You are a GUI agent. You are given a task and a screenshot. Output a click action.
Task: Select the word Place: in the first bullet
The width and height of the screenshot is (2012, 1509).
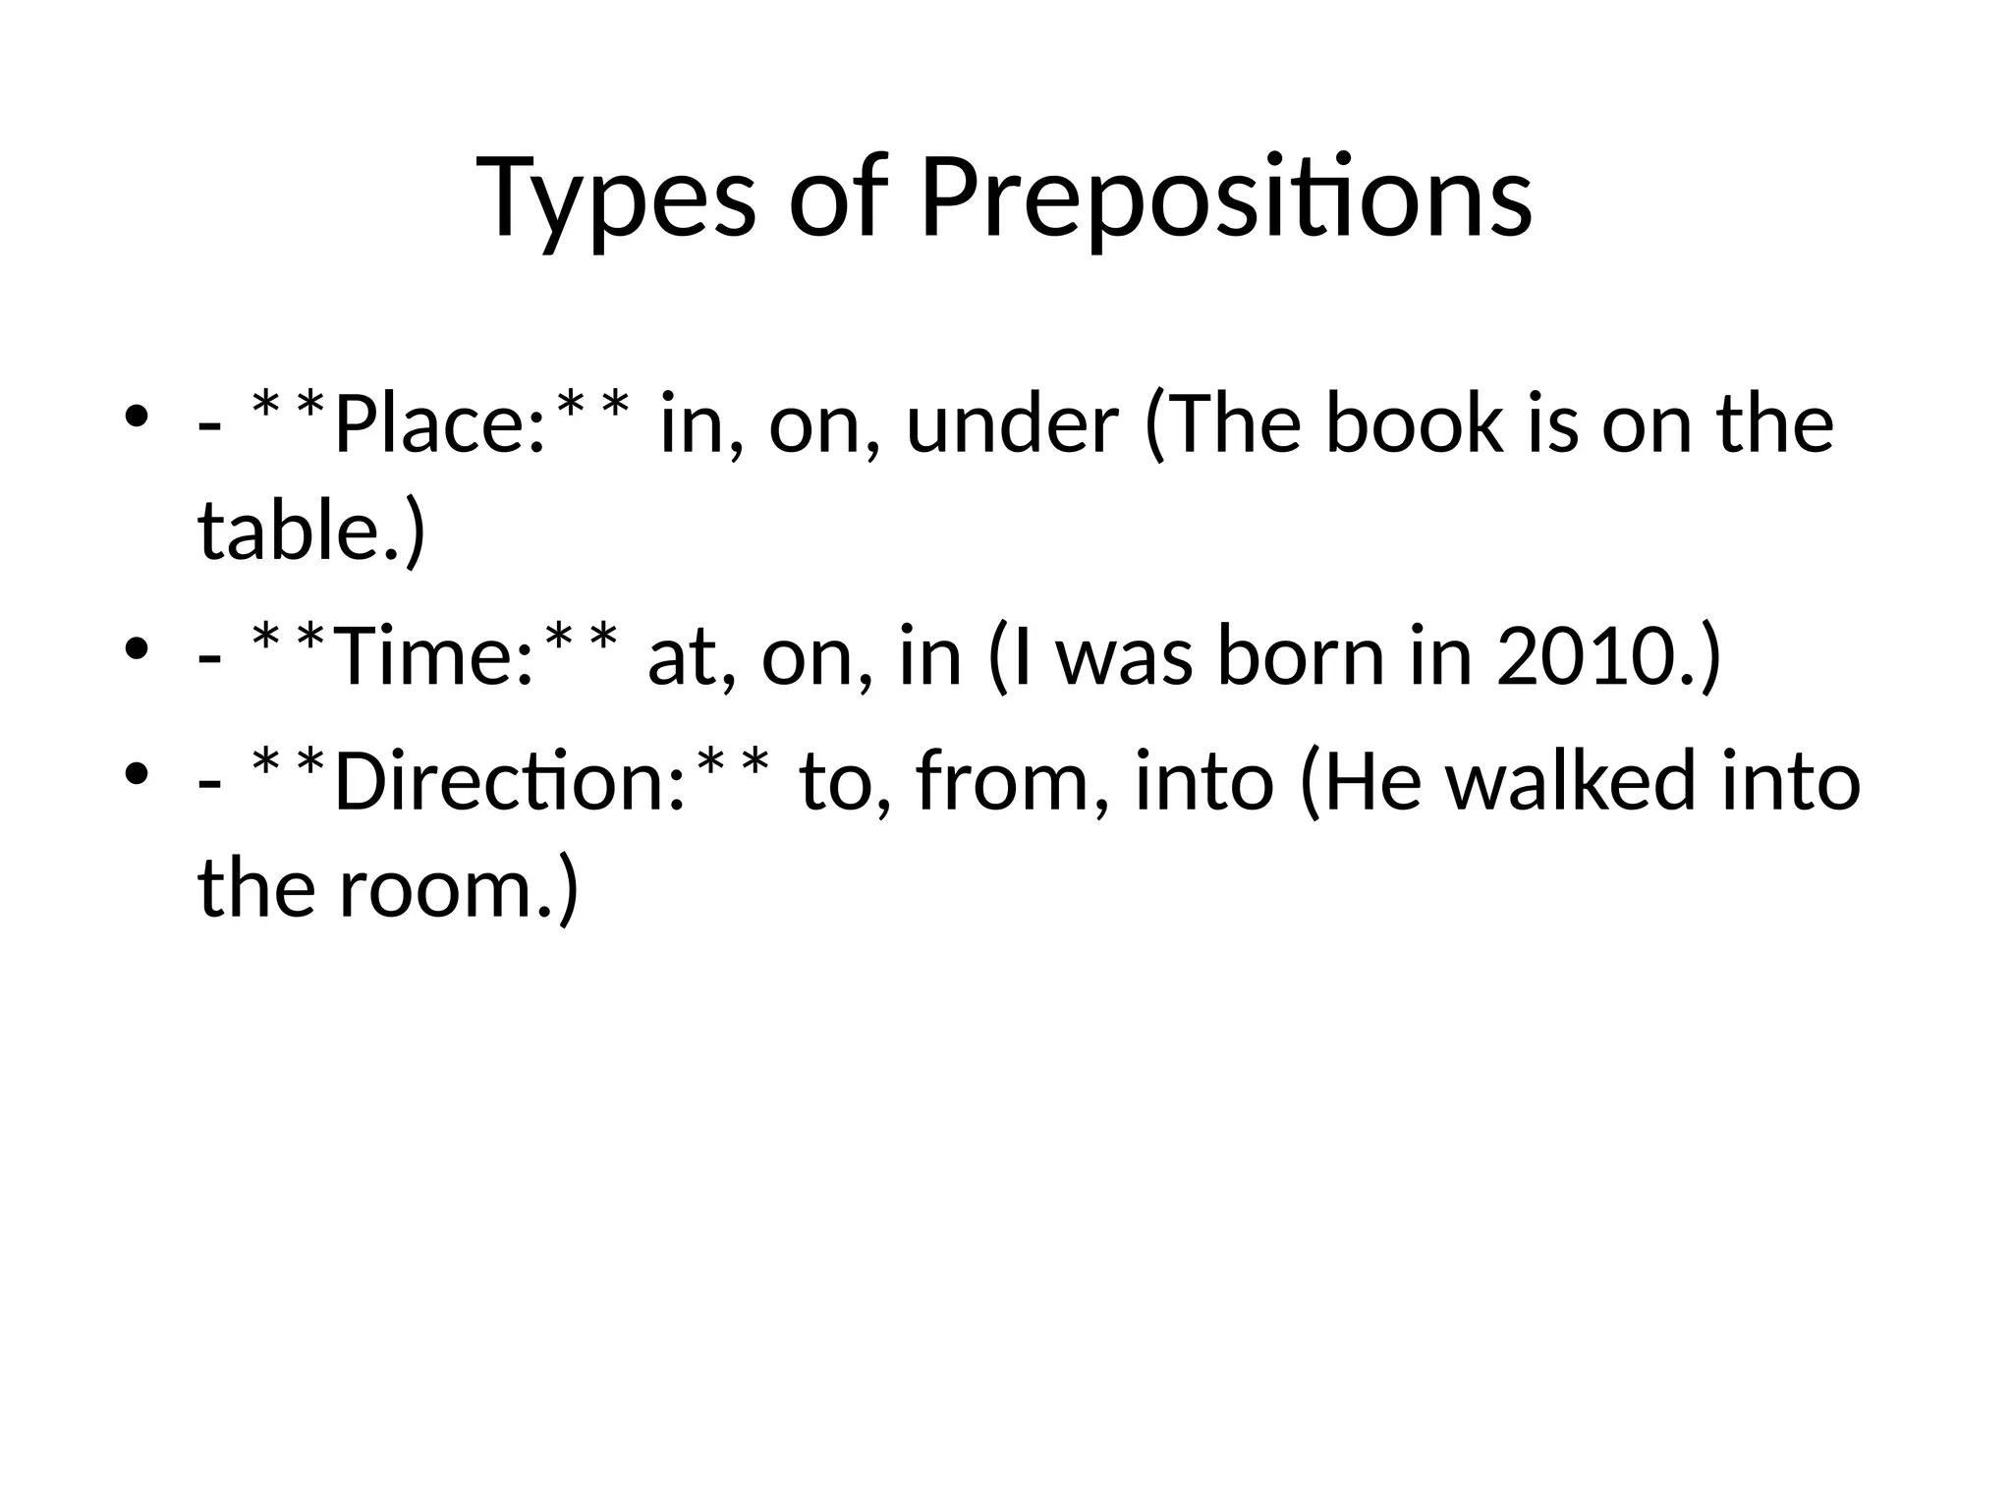[439, 424]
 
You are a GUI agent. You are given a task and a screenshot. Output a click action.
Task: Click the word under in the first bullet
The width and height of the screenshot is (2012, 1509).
[1012, 424]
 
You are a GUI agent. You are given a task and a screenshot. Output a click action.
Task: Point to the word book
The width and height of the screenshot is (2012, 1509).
[1415, 424]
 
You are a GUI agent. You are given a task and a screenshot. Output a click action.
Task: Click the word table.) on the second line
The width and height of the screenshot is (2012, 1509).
[311, 531]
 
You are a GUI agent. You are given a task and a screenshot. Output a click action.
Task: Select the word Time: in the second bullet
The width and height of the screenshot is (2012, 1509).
[432, 656]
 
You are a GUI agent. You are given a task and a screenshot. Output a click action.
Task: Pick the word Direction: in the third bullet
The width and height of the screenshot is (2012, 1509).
[508, 782]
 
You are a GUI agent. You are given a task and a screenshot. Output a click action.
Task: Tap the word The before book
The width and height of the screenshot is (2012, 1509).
[1225, 424]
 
